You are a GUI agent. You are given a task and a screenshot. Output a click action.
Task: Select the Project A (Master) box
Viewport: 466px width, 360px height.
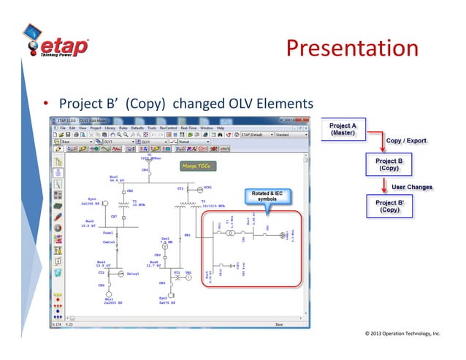[x=342, y=131]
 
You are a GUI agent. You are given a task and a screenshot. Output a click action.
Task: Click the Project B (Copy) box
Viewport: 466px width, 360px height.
[x=388, y=164]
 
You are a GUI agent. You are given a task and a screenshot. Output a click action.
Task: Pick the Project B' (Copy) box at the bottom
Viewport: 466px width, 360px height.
[x=388, y=206]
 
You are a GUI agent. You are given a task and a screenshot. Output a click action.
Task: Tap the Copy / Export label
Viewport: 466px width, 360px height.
[x=406, y=141]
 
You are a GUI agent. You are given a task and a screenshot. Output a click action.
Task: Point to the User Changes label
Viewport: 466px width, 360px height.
[x=411, y=187]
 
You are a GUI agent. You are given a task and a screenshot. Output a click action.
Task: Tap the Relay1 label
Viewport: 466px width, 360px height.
[x=133, y=274]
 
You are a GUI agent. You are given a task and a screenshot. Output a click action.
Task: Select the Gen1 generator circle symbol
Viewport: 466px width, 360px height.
[x=165, y=248]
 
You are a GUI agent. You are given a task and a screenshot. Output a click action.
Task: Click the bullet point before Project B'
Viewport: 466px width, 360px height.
[x=45, y=103]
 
